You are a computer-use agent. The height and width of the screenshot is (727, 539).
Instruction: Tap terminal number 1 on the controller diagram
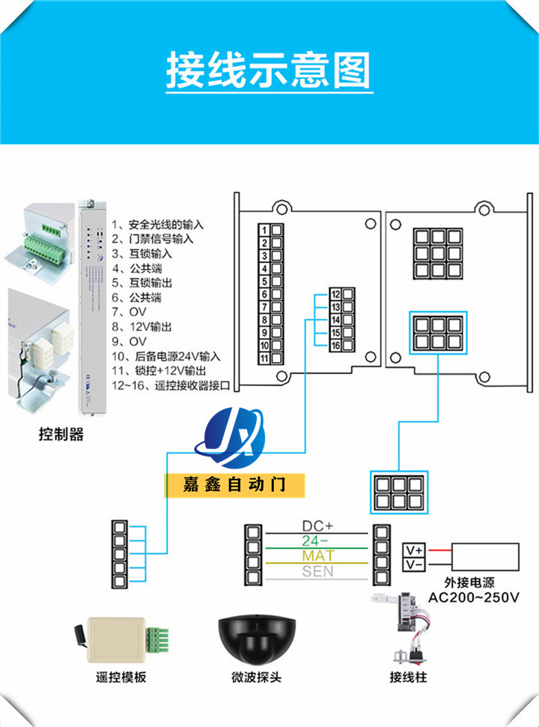pos(264,229)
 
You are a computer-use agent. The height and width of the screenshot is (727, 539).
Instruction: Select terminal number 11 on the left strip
pos(264,358)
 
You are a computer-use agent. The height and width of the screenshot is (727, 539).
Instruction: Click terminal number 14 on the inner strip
pos(335,320)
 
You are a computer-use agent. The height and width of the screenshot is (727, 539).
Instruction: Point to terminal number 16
pos(335,346)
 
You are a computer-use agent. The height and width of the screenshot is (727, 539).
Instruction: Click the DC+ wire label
pos(317,527)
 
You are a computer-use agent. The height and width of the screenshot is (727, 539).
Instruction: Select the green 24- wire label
pos(317,541)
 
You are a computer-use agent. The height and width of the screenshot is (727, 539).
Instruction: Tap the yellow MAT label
pos(318,556)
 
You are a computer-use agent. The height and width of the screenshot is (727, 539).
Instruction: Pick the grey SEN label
pos(317,571)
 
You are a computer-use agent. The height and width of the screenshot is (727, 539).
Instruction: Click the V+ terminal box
pos(414,549)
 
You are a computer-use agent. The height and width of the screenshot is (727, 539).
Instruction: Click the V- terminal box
pos(414,563)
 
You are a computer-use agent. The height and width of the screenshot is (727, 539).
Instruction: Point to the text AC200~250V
pos(472,597)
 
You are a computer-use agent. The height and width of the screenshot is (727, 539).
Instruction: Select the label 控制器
pos(61,433)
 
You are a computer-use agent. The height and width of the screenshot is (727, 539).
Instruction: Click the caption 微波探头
pos(256,678)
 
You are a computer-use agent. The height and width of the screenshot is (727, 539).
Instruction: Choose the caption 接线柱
pos(408,678)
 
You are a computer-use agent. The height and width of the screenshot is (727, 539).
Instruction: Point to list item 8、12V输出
pos(142,327)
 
